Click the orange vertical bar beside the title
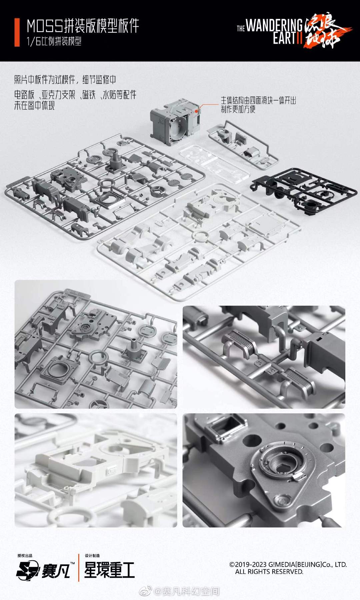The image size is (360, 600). coord(17,33)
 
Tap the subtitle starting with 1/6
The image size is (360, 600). coord(54,41)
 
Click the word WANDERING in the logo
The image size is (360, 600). coord(274,26)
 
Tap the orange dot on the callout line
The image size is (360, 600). coord(200,108)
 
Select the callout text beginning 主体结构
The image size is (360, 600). coord(258,105)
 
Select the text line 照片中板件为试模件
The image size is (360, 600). coord(65,80)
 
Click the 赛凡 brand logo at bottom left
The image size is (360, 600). coord(43,571)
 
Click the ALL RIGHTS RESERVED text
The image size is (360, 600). coord(269,572)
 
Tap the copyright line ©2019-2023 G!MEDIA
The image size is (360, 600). coord(288,564)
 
